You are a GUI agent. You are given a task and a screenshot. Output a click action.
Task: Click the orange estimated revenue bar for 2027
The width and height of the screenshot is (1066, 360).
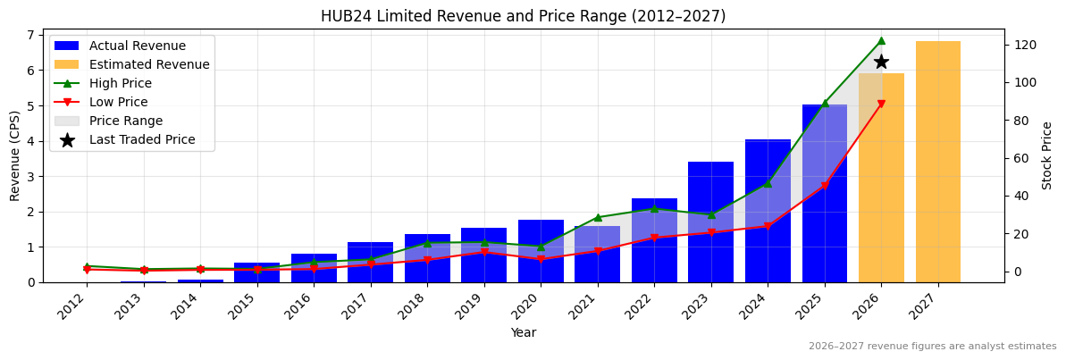tap(937, 162)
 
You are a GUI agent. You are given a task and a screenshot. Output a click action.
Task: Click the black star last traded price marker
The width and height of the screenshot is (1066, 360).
tap(881, 62)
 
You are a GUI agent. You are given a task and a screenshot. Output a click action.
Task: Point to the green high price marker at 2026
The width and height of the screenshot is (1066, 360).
tap(881, 40)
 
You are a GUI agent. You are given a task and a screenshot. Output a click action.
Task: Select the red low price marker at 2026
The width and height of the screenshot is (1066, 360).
tap(881, 105)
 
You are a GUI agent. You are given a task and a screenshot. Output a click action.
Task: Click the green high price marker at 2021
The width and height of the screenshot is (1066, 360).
tap(597, 217)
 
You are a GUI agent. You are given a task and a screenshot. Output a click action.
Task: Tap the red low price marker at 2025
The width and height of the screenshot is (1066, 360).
tap(824, 186)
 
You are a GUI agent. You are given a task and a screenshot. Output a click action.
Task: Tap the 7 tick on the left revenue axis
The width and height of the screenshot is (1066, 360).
tap(30, 35)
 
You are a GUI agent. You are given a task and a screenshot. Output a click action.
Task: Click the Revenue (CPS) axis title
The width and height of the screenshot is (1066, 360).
tap(15, 155)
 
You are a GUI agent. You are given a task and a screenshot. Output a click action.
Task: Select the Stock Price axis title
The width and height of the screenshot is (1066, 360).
tap(1047, 155)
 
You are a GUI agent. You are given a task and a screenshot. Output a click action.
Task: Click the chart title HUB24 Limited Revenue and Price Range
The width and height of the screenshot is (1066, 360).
tap(523, 16)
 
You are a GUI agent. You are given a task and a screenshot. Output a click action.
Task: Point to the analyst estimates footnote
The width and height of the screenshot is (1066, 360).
tap(932, 347)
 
